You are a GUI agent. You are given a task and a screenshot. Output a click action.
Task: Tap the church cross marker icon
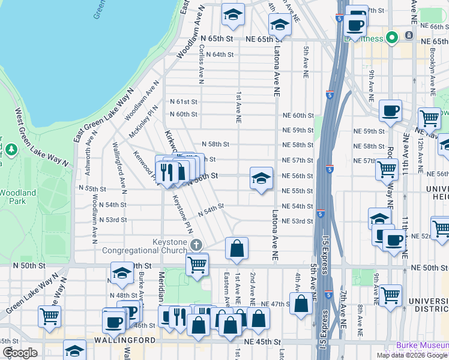point(196,245)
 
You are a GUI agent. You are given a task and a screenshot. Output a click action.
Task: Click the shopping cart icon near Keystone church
point(197,263)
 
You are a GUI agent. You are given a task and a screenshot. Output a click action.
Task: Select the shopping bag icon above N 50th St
point(237,248)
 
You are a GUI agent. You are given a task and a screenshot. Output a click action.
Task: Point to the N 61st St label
point(183,102)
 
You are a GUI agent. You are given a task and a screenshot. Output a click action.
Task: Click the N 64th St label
point(219,54)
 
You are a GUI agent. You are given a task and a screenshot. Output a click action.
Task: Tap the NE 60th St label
point(298,115)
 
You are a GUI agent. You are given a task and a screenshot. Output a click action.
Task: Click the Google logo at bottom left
point(19,353)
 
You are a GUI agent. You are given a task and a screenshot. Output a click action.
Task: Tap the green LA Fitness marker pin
point(392,38)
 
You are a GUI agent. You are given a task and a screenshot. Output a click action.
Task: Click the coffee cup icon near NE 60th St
point(391,111)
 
